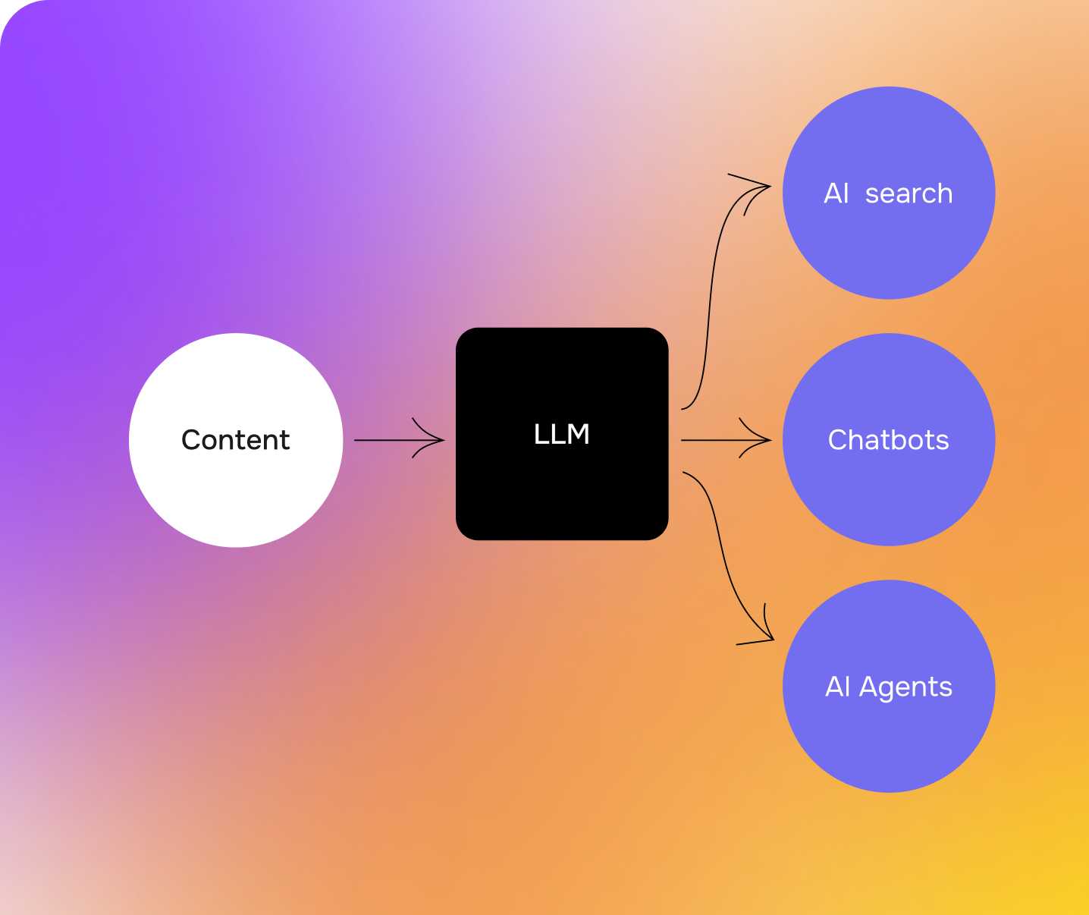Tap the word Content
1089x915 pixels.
tap(236, 440)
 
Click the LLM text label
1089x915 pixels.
tap(561, 434)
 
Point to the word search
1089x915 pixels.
tap(909, 194)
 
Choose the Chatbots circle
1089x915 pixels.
tap(889, 493)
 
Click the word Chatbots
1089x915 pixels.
tap(889, 440)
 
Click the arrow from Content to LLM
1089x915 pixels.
tap(387, 440)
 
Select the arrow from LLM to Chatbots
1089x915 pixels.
tap(713, 440)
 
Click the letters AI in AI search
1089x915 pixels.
tap(836, 194)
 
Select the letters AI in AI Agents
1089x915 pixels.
tap(838, 687)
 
